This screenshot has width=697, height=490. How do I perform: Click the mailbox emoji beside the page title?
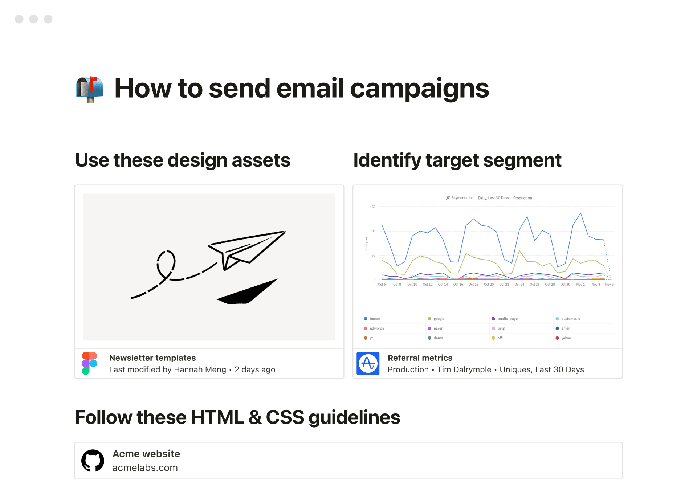coord(90,89)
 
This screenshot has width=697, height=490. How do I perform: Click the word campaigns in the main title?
coord(419,89)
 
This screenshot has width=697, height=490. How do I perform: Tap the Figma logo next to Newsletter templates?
coord(89,363)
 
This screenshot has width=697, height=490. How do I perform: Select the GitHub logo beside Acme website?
coord(93,461)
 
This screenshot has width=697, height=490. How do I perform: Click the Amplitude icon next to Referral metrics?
coord(368,363)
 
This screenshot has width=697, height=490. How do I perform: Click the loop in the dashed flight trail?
coord(166,263)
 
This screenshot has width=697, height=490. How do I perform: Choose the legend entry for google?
coord(439,319)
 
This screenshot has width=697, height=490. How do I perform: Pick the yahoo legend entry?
coord(566,338)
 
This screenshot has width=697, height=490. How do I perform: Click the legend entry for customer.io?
coord(570,319)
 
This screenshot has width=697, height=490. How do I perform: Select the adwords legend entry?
coord(376,328)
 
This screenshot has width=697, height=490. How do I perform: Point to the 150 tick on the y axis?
coord(372,207)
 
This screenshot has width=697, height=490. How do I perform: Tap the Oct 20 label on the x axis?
coord(489,285)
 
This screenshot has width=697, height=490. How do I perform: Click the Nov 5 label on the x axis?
coord(609,285)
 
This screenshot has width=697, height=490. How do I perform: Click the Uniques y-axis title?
coord(366,243)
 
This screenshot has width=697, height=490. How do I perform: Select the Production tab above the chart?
coord(522,198)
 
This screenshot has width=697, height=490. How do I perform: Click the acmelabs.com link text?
coord(145,467)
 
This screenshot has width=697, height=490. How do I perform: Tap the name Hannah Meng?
coord(200,369)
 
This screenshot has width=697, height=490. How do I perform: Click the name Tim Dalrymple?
coord(464,369)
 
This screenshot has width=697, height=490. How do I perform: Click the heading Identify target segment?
coord(457,160)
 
